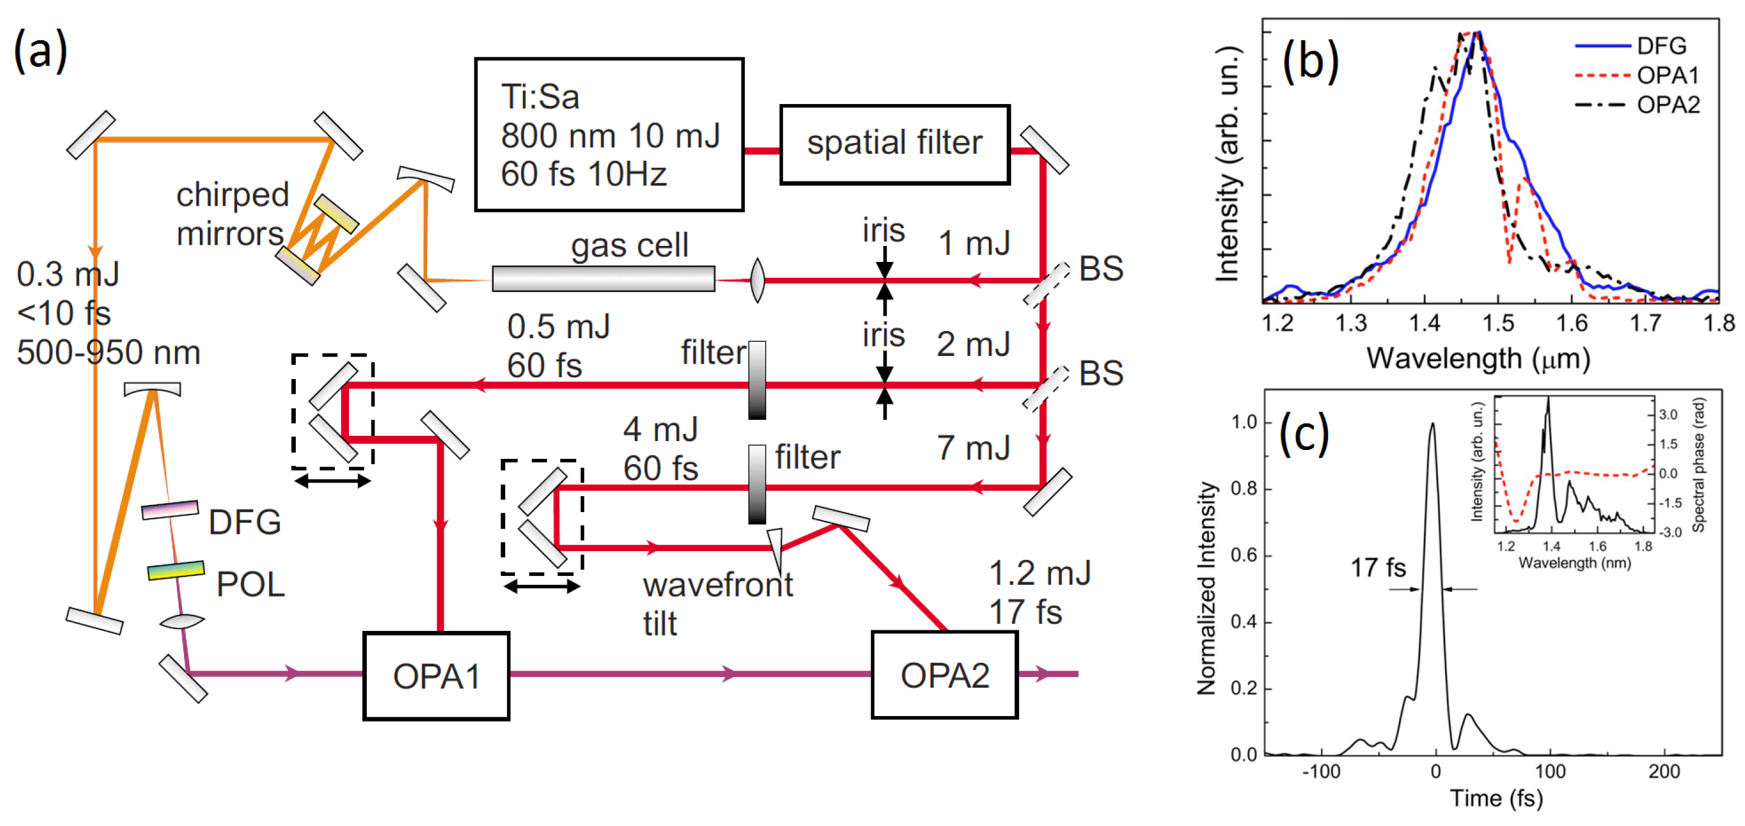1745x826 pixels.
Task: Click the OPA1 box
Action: click(437, 676)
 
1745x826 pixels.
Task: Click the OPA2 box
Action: click(944, 675)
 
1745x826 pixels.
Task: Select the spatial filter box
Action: click(894, 144)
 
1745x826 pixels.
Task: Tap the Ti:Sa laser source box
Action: click(609, 135)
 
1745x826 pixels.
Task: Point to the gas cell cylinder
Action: click(603, 278)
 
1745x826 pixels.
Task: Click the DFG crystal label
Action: click(244, 522)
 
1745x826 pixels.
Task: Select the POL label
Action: click(250, 584)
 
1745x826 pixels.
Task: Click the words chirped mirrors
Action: click(232, 214)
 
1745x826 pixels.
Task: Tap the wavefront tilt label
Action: click(717, 603)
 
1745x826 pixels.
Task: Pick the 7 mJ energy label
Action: click(974, 448)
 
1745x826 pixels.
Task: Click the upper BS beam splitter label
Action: click(1101, 269)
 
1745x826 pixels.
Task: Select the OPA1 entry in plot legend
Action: click(1668, 75)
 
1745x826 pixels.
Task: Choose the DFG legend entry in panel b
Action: click(1661, 46)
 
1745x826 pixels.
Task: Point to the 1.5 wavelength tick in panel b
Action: click(1498, 323)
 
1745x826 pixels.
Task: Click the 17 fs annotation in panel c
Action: click(1378, 568)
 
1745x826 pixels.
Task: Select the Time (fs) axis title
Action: click(1496, 798)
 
